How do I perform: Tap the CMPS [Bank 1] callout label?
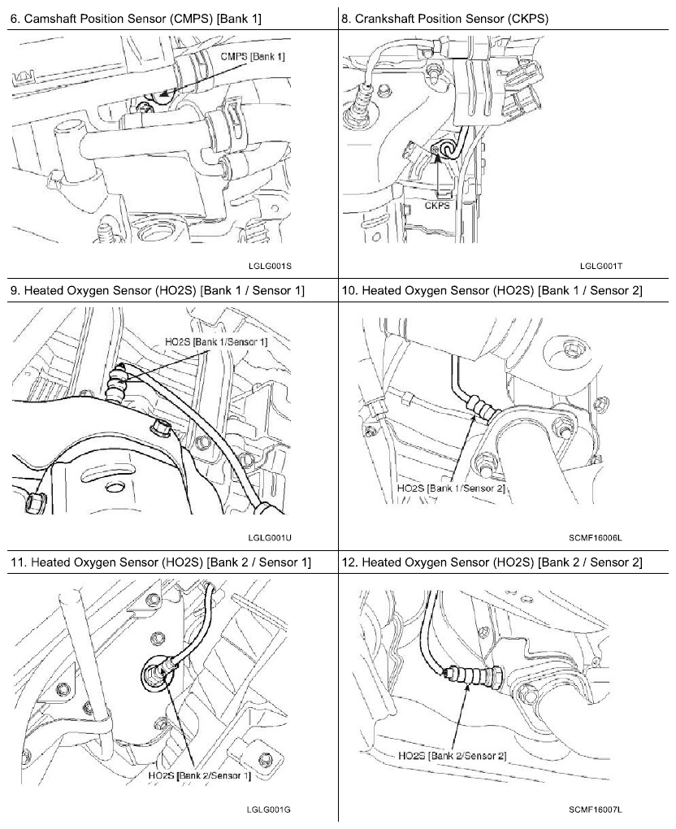[253, 57]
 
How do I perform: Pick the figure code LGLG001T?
[601, 265]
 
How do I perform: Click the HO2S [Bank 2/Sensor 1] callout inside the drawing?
[199, 775]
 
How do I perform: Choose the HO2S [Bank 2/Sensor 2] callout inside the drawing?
[453, 756]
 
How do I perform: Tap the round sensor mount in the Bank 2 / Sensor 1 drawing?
[152, 672]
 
